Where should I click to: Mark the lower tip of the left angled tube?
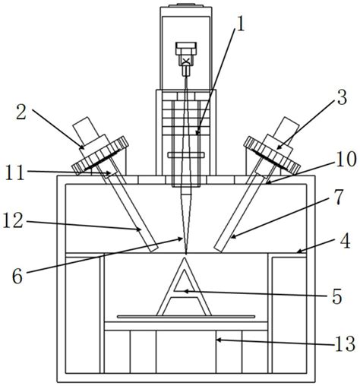[153, 247]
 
